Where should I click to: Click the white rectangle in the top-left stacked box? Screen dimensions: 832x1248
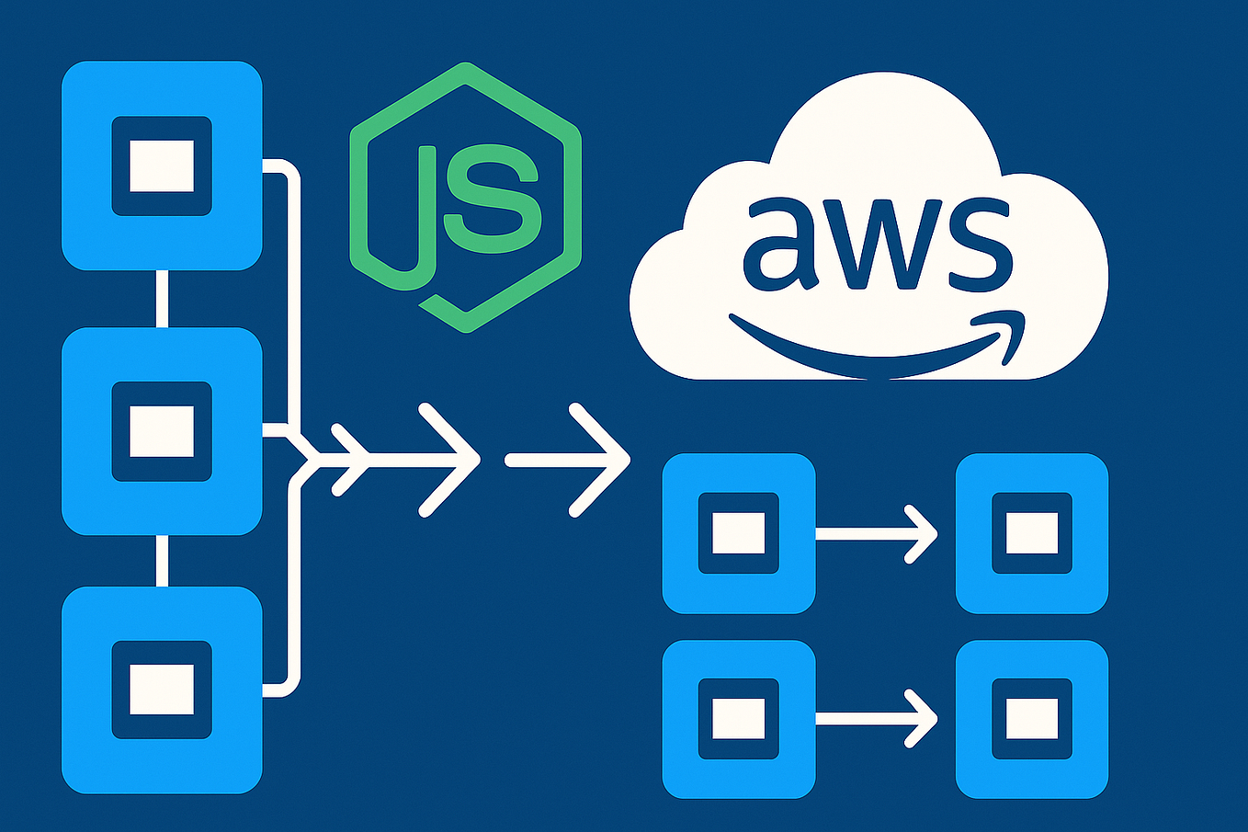pos(162,165)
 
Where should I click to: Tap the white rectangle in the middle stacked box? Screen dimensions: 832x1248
pos(162,431)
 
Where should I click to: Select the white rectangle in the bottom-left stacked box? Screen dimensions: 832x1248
pos(162,690)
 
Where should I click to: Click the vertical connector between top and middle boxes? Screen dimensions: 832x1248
pos(162,298)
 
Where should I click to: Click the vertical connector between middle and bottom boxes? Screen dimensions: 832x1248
pos(162,560)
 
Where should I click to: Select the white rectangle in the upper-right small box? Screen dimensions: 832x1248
pos(1031,533)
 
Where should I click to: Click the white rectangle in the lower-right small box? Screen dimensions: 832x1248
pos(1031,719)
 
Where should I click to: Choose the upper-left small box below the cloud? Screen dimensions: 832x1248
pos(739,533)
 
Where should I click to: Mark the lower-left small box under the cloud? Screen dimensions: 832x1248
pos(739,719)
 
